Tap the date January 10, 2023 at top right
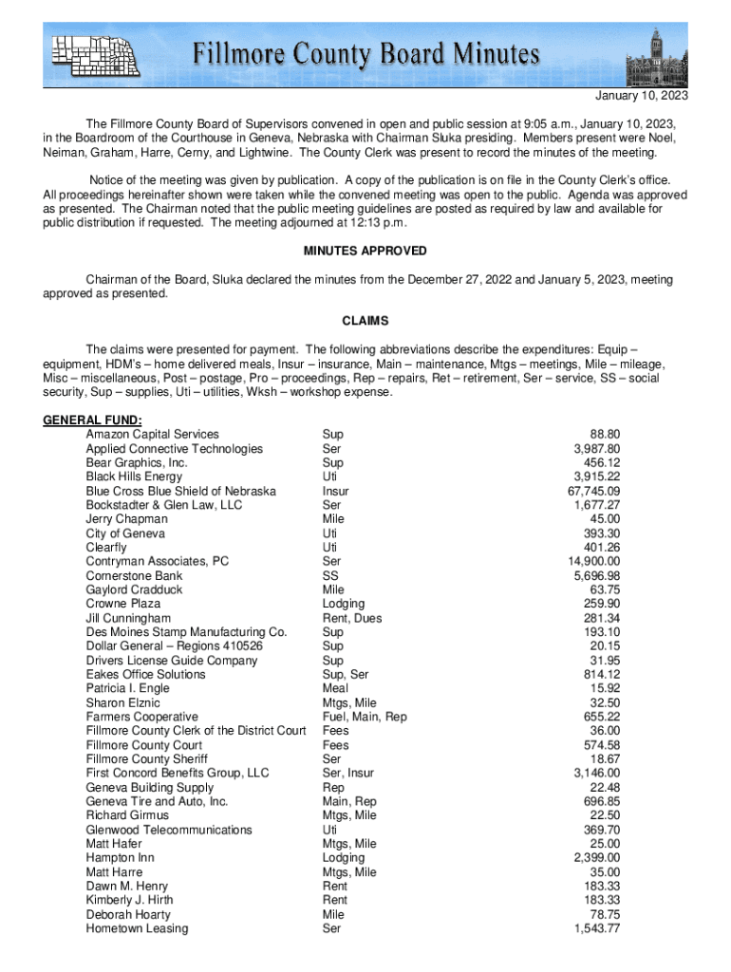pyautogui.click(x=641, y=97)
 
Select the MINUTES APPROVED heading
pyautogui.click(x=365, y=252)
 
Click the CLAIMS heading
pyautogui.click(x=365, y=322)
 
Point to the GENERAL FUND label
pyautogui.click(x=93, y=421)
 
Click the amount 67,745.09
pyautogui.click(x=593, y=491)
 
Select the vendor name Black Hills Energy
pyautogui.click(x=134, y=477)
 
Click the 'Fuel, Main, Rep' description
pyautogui.click(x=365, y=717)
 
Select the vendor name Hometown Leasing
pyautogui.click(x=137, y=928)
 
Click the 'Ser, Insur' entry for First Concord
pyautogui.click(x=348, y=773)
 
